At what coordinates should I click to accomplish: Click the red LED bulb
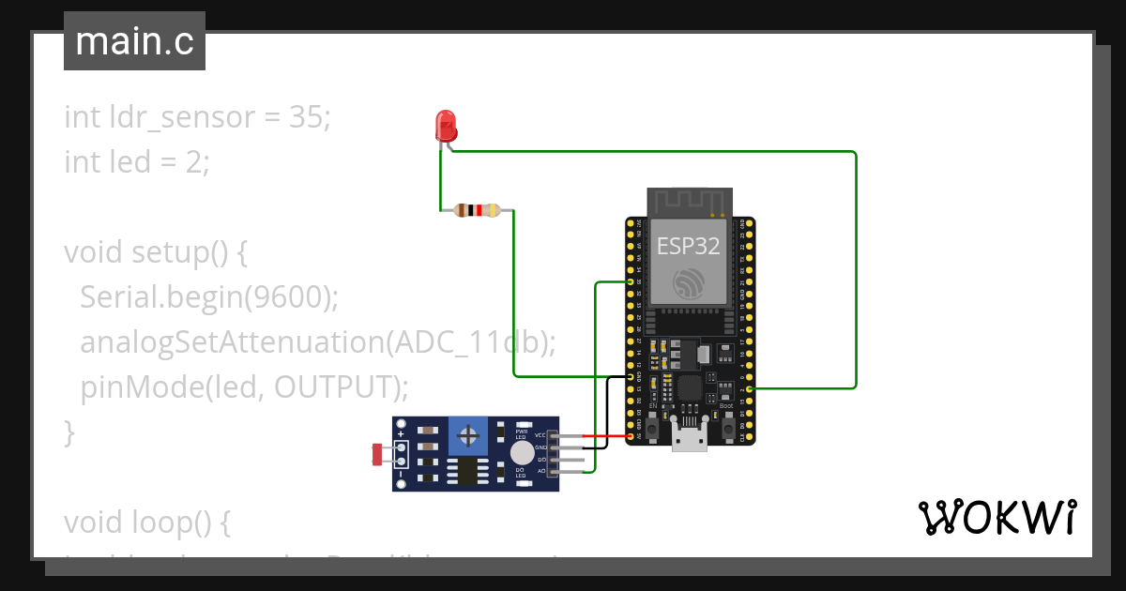(446, 125)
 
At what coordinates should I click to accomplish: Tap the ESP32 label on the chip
(688, 246)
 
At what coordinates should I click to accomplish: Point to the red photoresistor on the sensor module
(377, 455)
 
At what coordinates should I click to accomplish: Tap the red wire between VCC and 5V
(605, 436)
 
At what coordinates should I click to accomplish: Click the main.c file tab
(134, 42)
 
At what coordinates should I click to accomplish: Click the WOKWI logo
(996, 517)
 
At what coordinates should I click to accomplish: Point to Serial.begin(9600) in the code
(208, 297)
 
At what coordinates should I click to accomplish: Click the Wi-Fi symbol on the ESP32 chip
(688, 284)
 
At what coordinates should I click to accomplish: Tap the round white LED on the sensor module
(521, 454)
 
